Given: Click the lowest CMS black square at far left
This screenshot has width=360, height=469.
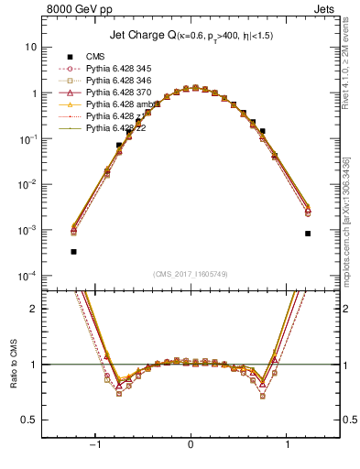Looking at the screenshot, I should click(x=73, y=251).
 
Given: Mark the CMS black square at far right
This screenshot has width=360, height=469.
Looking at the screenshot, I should click(x=308, y=234).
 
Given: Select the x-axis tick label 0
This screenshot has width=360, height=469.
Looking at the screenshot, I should click(x=191, y=444).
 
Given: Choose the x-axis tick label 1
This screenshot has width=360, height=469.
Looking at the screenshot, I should click(x=289, y=444).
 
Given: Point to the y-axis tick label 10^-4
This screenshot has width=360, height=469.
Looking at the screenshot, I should click(x=28, y=276).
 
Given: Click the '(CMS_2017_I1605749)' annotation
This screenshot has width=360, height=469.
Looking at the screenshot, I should click(x=190, y=274).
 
